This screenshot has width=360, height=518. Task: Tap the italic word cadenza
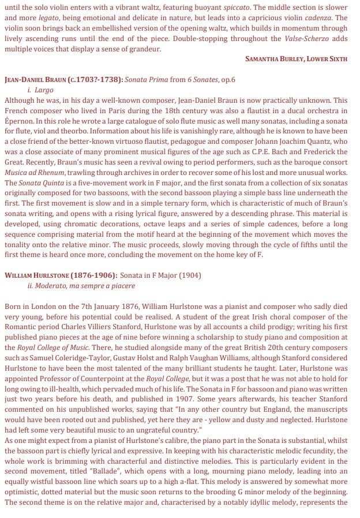(318, 18)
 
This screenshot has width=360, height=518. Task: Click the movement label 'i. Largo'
(40, 90)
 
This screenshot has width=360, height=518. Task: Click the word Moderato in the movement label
(55, 286)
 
